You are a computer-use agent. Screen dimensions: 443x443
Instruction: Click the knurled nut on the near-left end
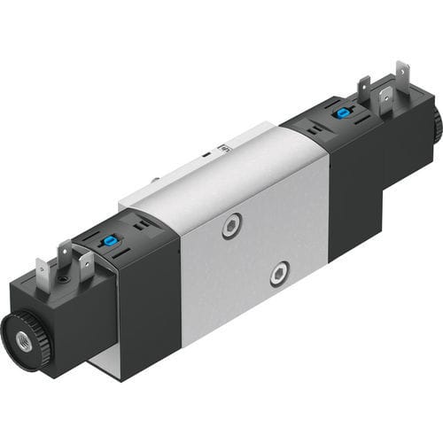(x=21, y=332)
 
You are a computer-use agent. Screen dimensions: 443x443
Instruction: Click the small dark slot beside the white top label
(x=206, y=154)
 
